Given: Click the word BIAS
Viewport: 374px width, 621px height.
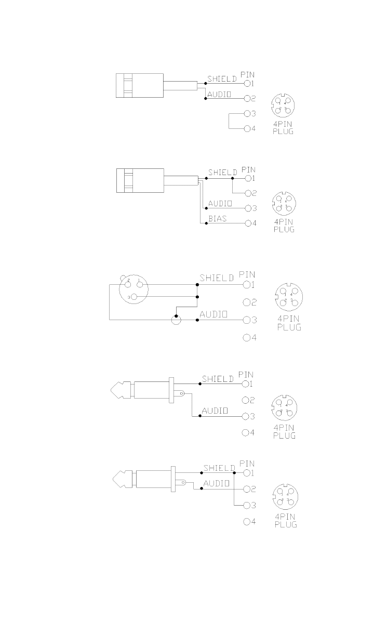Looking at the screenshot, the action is [x=217, y=219].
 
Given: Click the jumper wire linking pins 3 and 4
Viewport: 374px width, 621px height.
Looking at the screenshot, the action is [x=229, y=121].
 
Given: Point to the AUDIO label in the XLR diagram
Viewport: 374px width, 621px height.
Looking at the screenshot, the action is [x=213, y=314].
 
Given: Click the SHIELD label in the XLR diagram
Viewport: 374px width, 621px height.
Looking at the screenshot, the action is [x=217, y=279].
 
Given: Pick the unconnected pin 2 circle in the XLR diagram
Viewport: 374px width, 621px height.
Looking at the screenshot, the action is [x=246, y=302].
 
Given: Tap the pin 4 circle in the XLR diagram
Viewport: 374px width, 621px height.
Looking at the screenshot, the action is [x=246, y=338].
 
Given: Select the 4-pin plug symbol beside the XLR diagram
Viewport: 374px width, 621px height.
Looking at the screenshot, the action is [x=286, y=295].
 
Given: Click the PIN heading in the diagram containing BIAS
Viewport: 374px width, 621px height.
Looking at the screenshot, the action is [x=249, y=169].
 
